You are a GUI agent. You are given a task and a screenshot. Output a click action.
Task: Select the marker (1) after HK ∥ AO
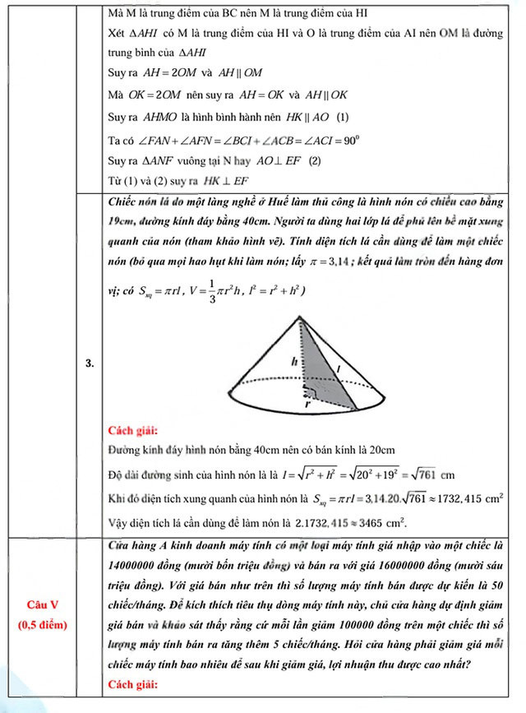pos(343,117)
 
